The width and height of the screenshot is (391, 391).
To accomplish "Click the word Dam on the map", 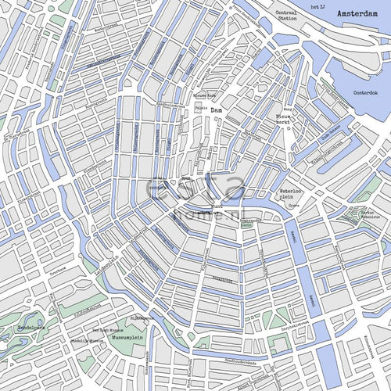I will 217,111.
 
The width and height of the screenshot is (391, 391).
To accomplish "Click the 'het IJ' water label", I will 317,6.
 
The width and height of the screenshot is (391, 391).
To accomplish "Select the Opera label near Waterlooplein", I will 294,206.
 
